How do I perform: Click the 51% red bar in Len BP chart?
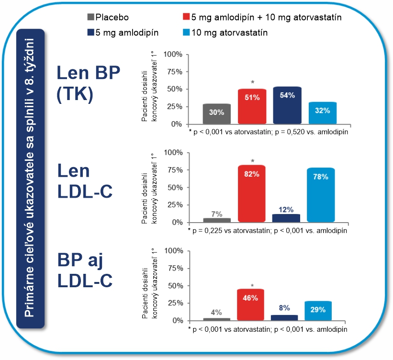pos(252,106)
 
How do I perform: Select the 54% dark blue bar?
pos(287,105)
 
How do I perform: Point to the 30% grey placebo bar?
pos(217,114)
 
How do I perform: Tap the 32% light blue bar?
pos(322,113)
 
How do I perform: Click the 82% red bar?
pos(252,193)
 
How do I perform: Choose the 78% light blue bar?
pos(321,195)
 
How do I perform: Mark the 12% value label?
pos(287,210)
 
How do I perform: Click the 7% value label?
pos(217,214)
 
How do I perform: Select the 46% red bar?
pos(251,304)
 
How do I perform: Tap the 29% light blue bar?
pos(318,310)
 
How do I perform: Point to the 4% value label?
pos(216,312)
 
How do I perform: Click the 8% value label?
pos(284,308)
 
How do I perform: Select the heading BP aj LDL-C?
pos(85,270)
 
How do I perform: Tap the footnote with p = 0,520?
pos(268,131)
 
